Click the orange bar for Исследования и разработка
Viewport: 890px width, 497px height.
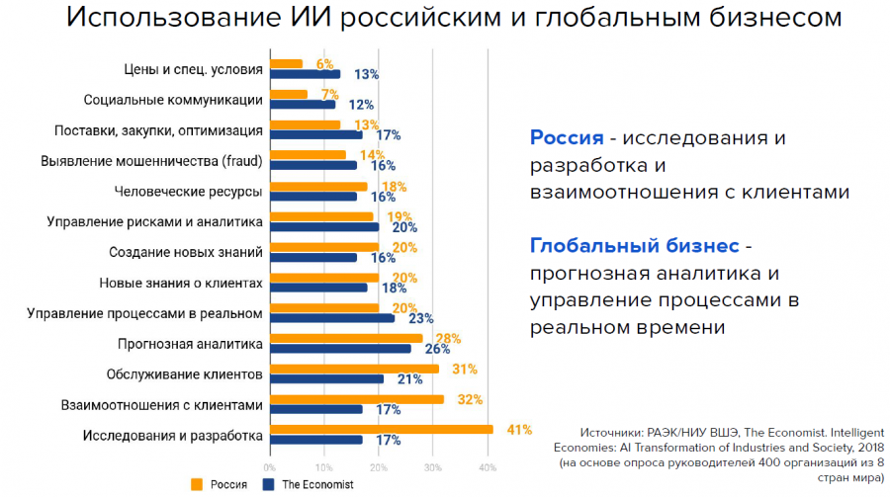(x=381, y=430)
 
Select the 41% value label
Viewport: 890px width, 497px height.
(x=520, y=430)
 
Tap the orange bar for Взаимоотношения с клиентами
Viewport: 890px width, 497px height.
(x=356, y=399)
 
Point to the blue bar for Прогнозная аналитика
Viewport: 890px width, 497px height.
(x=340, y=349)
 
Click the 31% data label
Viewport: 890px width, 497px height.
(x=466, y=369)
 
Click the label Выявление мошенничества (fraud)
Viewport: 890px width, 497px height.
(x=151, y=161)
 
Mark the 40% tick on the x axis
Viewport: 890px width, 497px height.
(x=487, y=467)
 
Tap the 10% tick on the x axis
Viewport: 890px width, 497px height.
(x=323, y=467)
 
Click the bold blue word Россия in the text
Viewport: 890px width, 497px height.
(x=567, y=137)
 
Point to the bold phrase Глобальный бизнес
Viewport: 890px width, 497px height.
(x=635, y=245)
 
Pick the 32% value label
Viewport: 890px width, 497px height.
(x=470, y=399)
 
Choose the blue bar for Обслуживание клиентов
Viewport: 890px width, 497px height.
(x=326, y=378)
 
